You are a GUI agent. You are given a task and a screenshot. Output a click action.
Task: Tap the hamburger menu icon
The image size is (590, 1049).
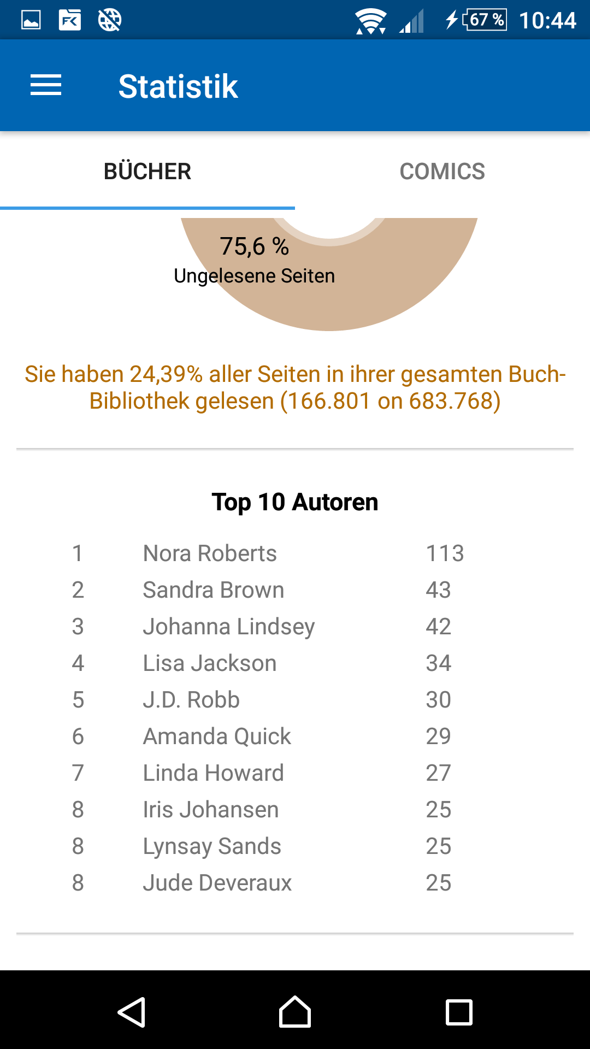tap(46, 85)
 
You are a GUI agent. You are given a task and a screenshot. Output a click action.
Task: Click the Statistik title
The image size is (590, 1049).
tap(178, 86)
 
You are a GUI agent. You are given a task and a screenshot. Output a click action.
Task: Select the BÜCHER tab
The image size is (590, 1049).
tap(147, 172)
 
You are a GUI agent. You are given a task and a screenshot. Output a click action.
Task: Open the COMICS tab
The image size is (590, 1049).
tap(442, 172)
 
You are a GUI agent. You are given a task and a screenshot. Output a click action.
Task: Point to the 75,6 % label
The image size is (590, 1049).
tap(254, 246)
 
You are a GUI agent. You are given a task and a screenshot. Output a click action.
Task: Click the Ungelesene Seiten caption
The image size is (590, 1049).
tap(254, 276)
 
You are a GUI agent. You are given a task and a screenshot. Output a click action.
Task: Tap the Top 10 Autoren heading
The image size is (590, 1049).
tap(295, 502)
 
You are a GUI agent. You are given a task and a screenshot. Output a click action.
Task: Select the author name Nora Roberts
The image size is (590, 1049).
tap(210, 553)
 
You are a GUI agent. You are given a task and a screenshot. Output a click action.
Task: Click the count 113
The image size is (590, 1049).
tap(445, 553)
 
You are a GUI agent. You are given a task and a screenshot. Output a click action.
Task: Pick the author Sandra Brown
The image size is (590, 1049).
tap(214, 590)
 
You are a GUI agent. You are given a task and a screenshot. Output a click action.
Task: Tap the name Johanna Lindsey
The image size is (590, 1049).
tap(229, 627)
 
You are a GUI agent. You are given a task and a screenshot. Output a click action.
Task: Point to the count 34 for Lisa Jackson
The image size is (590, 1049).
tap(438, 663)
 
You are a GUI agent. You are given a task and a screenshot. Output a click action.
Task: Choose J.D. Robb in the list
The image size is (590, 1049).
tap(191, 700)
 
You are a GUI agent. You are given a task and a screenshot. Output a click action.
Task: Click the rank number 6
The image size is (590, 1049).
tap(78, 736)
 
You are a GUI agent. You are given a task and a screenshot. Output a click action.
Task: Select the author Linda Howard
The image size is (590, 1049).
tap(214, 773)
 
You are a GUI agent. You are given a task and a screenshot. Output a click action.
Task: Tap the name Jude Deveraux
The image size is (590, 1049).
tap(217, 883)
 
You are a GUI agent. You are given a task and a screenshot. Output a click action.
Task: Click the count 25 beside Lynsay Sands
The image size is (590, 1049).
tap(438, 846)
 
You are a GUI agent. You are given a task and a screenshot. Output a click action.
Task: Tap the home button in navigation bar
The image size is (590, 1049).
tap(295, 1012)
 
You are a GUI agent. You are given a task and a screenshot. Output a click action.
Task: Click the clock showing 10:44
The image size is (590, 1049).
tap(547, 21)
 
